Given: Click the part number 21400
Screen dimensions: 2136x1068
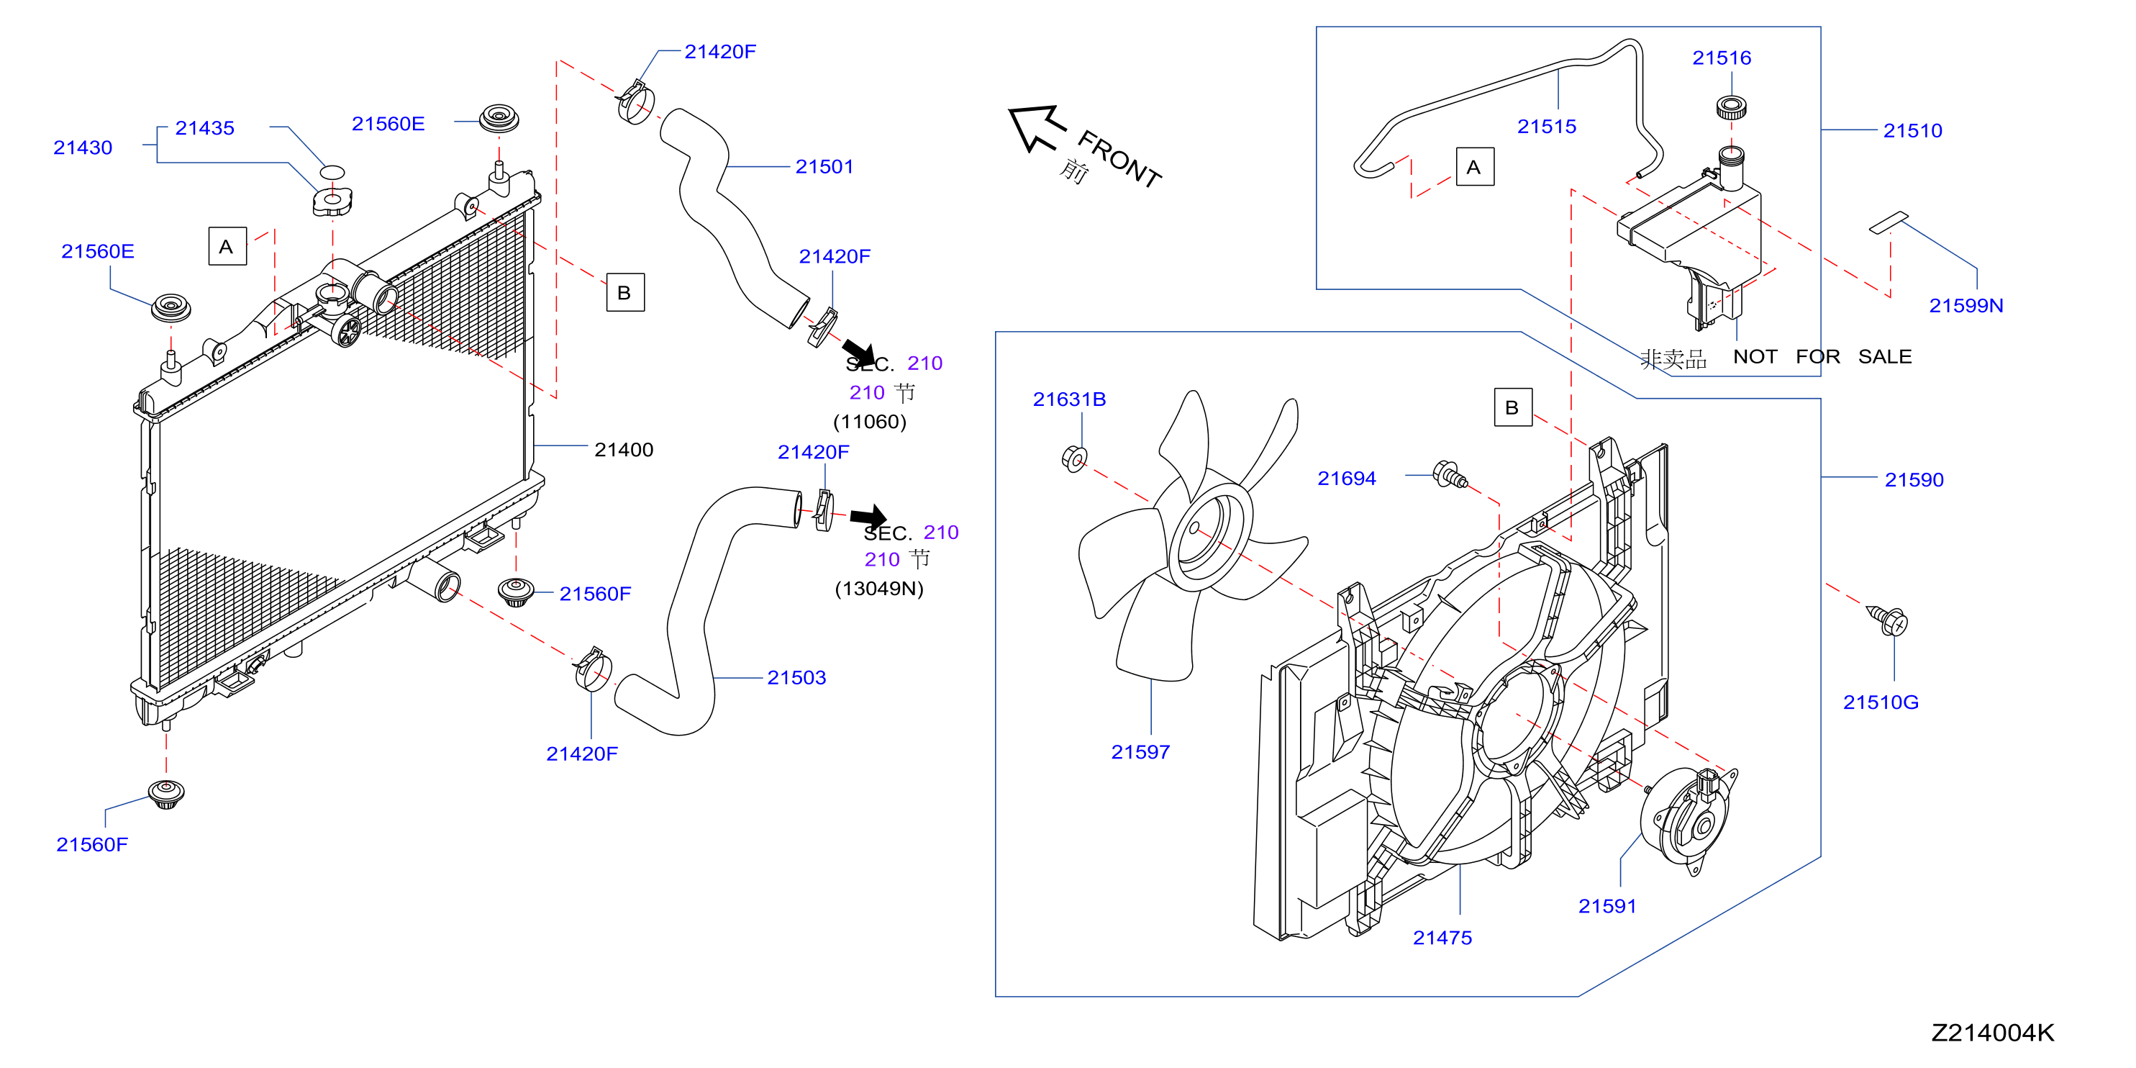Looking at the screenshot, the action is click(x=624, y=449).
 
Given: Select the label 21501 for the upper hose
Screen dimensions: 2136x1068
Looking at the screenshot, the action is click(x=824, y=167).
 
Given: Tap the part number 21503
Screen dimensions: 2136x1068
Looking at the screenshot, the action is click(x=796, y=677).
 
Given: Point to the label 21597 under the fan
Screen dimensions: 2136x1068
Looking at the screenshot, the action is click(x=1140, y=752).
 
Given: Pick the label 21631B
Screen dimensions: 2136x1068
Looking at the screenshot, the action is click(x=1069, y=399).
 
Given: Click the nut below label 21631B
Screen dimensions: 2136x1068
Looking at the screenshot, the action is click(x=1075, y=458).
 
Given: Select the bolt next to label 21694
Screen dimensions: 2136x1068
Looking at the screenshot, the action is click(x=1450, y=475).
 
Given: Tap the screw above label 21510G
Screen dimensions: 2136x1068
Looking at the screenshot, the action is click(x=1889, y=621).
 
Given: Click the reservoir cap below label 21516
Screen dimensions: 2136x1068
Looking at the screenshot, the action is click(x=1732, y=108).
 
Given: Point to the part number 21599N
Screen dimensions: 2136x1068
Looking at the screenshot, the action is click(x=1966, y=306).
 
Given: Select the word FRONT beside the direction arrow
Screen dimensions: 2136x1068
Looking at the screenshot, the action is click(x=1119, y=159).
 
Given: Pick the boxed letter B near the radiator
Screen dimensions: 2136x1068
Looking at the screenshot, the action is click(x=625, y=293).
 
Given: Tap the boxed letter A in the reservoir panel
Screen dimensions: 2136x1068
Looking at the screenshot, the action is click(x=1475, y=167).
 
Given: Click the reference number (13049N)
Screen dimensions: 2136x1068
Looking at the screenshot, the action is click(x=879, y=589).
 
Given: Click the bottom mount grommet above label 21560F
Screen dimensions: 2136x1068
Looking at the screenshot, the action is click(x=166, y=794).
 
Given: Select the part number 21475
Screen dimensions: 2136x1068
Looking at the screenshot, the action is click(x=1442, y=938).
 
